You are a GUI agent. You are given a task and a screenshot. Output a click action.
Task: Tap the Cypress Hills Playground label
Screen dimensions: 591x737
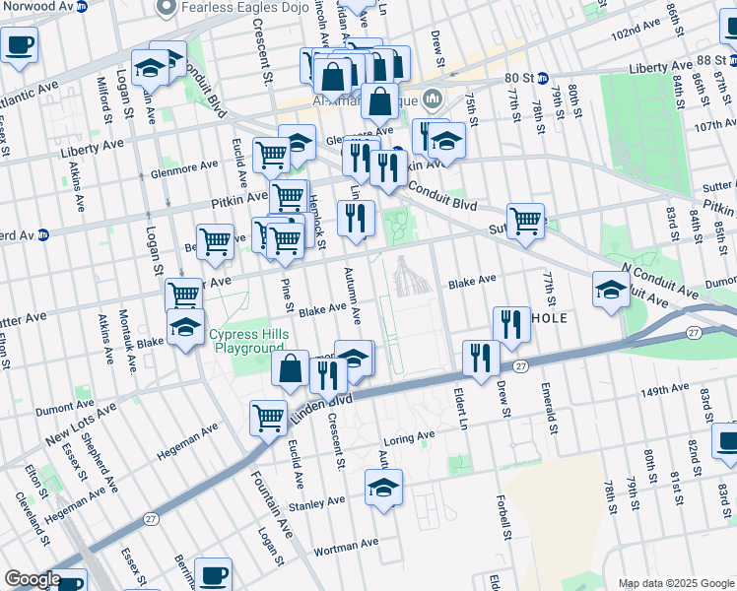pyautogui.click(x=249, y=342)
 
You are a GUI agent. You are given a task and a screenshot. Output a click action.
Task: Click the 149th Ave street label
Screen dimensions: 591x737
pyautogui.click(x=662, y=391)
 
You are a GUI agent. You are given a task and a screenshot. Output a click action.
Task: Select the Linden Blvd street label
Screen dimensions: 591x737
pyautogui.click(x=321, y=405)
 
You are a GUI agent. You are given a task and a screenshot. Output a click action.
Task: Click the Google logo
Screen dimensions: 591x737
pyautogui.click(x=33, y=579)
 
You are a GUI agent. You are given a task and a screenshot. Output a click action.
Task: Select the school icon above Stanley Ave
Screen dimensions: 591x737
pyautogui.click(x=383, y=488)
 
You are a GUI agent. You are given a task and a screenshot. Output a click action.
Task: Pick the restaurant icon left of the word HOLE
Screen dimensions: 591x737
pyautogui.click(x=510, y=323)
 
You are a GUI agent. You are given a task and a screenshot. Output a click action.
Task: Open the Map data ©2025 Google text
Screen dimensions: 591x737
pyautogui.click(x=675, y=583)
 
